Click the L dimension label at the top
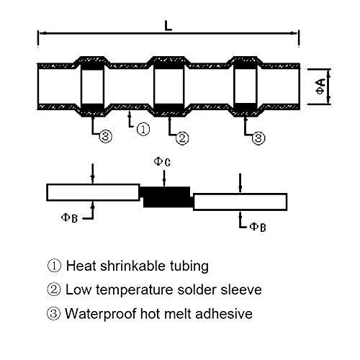point(168,26)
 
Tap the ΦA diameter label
point(320,86)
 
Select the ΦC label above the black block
point(162,161)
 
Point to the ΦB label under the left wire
point(69,218)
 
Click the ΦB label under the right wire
point(258,227)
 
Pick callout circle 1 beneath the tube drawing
point(143,129)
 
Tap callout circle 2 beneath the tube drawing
point(182,138)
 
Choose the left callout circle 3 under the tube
point(106,136)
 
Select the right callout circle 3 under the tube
point(258,138)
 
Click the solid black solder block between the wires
point(167,197)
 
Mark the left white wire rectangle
point(93,192)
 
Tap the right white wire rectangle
point(240,202)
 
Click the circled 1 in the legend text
point(54,266)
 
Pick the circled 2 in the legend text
point(54,289)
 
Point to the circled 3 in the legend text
point(53,314)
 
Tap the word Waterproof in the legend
point(101,314)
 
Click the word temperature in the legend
point(135,290)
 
